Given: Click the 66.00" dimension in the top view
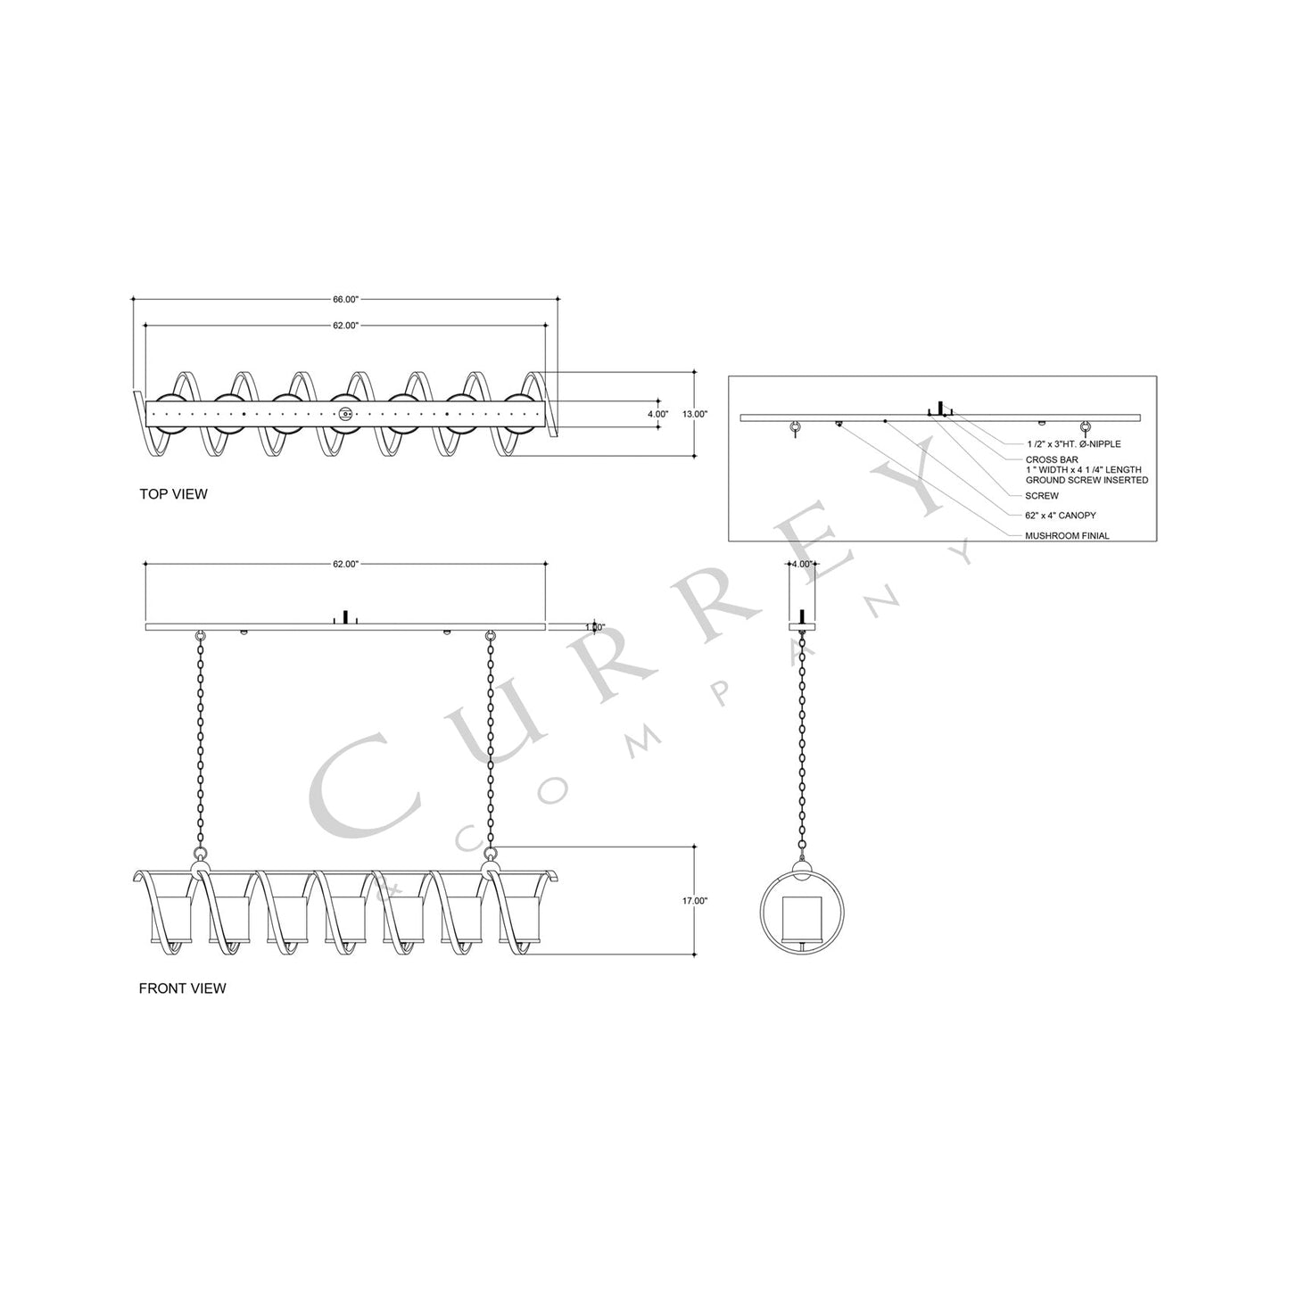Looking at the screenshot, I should pyautogui.click(x=345, y=300).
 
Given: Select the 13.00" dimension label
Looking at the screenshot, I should pyautogui.click(x=694, y=414).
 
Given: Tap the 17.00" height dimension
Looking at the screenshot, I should pyautogui.click(x=694, y=901).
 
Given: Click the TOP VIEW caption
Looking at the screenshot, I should pyautogui.click(x=173, y=493).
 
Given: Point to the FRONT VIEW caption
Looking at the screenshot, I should pyautogui.click(x=183, y=988).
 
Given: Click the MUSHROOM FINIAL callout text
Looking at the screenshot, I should pyautogui.click(x=1067, y=536).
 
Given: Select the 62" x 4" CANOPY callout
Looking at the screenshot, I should pyautogui.click(x=1060, y=516).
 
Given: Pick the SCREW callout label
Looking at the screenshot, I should pyautogui.click(x=1042, y=495).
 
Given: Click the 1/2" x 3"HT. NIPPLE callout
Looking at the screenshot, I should pyautogui.click(x=1073, y=443).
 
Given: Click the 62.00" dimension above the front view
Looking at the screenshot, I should pyautogui.click(x=345, y=565).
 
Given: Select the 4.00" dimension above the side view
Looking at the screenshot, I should pyautogui.click(x=802, y=565).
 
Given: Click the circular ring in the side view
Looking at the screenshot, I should pyautogui.click(x=762, y=910).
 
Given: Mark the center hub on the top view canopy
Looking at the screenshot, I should pyautogui.click(x=345, y=414).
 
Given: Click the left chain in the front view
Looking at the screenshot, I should pyautogui.click(x=200, y=740).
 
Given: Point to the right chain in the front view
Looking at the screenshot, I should pyautogui.click(x=490, y=740).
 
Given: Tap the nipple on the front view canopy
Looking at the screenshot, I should pyautogui.click(x=345, y=617).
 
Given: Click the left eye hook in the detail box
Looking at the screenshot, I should pyautogui.click(x=794, y=429).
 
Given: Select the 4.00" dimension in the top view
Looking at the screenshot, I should pyautogui.click(x=657, y=414).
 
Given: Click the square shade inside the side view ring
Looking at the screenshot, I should pyautogui.click(x=801, y=919).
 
